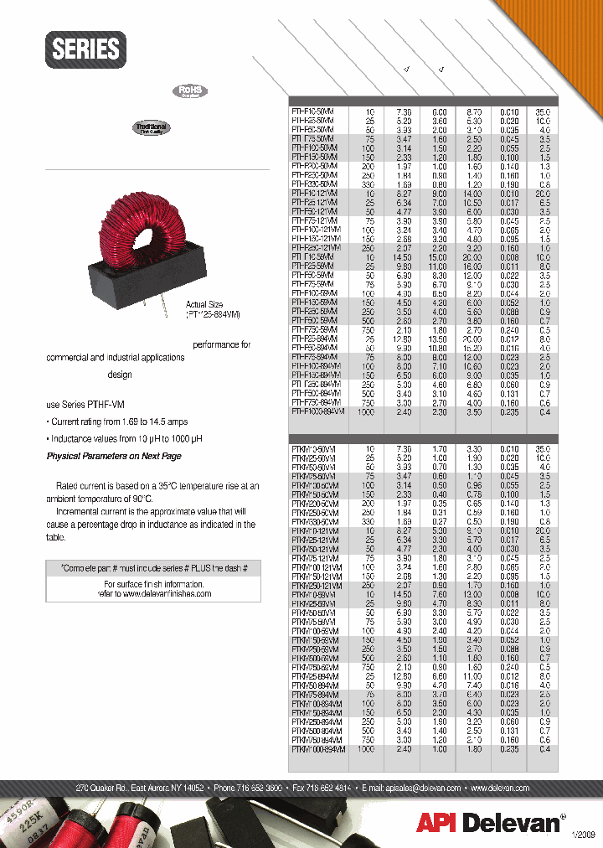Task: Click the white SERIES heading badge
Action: click(86, 49)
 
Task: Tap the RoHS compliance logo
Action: click(189, 92)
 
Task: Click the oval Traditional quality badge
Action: click(151, 128)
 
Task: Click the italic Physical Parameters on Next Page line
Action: click(113, 456)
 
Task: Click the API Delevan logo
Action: click(489, 823)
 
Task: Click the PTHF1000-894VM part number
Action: click(316, 411)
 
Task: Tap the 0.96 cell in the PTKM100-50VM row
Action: click(473, 485)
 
